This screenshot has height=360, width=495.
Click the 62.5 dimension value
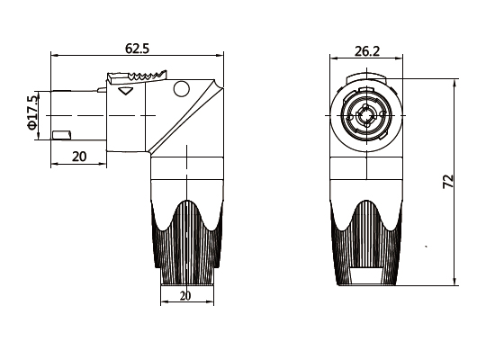coord(137,49)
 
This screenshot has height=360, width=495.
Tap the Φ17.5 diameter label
coord(32,112)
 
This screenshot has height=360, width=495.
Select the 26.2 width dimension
coord(367,51)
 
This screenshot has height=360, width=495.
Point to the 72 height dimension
coord(448,181)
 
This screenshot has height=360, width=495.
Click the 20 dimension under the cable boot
coord(185,296)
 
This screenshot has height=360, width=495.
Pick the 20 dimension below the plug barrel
coord(79,157)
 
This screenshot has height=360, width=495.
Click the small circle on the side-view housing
coord(182,88)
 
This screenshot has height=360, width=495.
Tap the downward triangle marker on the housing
coord(125,91)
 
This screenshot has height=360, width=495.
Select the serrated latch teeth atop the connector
coord(147,76)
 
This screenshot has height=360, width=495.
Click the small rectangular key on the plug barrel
coord(61,135)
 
